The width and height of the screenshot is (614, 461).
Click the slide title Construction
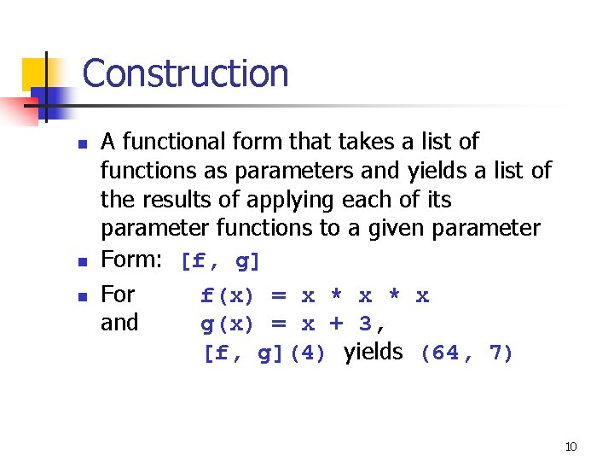point(185,73)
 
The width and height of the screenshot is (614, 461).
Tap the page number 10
point(571,446)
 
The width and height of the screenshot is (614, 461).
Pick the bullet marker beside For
point(81,298)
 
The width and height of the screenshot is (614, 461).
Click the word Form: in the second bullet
point(131,260)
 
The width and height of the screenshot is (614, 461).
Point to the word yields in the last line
point(373,351)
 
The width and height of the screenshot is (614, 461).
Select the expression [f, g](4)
point(264,353)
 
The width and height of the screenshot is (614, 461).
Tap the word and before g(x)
point(119,323)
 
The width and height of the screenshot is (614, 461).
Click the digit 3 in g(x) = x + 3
point(364,324)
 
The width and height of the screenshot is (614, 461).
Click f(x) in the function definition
point(227,296)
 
